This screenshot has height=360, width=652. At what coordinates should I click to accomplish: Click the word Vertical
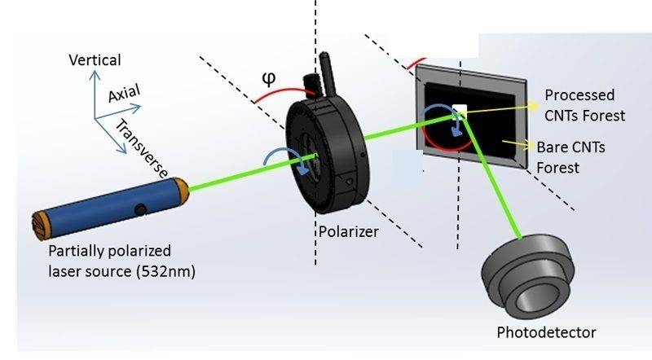tap(95, 60)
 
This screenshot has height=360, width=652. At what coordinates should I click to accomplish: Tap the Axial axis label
tap(125, 92)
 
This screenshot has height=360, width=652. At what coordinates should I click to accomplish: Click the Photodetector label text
tap(547, 332)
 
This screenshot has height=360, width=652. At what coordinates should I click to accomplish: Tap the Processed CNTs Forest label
tap(584, 105)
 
